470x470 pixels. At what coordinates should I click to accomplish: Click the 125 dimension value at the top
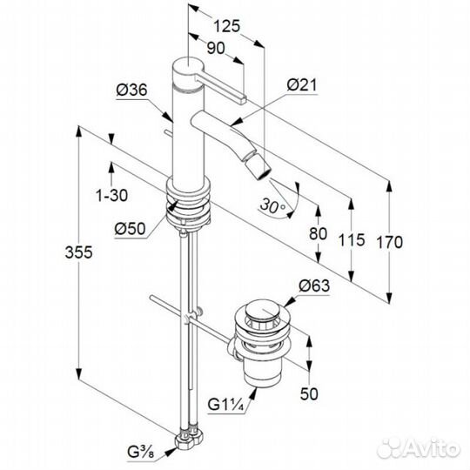pyautogui.click(x=226, y=26)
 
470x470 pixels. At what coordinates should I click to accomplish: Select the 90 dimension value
pyautogui.click(x=216, y=48)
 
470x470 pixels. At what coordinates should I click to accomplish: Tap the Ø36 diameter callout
pyautogui.click(x=132, y=90)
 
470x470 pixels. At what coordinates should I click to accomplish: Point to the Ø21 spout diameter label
pyautogui.click(x=301, y=85)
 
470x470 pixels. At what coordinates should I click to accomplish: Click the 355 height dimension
pyautogui.click(x=79, y=252)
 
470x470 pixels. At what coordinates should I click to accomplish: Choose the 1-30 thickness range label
pyautogui.click(x=111, y=196)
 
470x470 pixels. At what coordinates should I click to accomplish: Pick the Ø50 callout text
pyautogui.click(x=130, y=229)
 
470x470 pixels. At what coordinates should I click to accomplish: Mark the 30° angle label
pyautogui.click(x=272, y=206)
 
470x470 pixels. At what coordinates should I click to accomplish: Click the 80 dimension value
pyautogui.click(x=318, y=233)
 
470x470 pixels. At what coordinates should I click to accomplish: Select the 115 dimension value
pyautogui.click(x=352, y=240)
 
